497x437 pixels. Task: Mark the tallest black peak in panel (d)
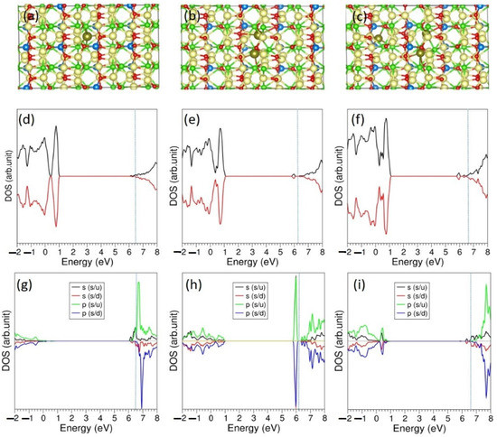56,128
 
